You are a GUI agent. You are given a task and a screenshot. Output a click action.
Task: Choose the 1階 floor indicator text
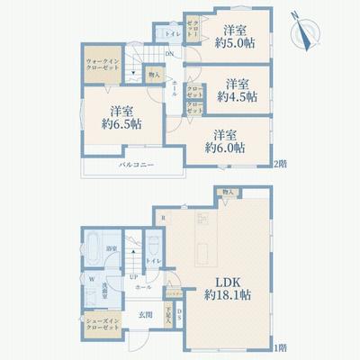pyautogui.click(x=280, y=346)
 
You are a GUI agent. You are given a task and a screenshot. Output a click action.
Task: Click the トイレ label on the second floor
pyautogui.click(x=172, y=35)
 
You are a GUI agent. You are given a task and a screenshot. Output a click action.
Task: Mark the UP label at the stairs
pyautogui.click(x=133, y=277)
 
